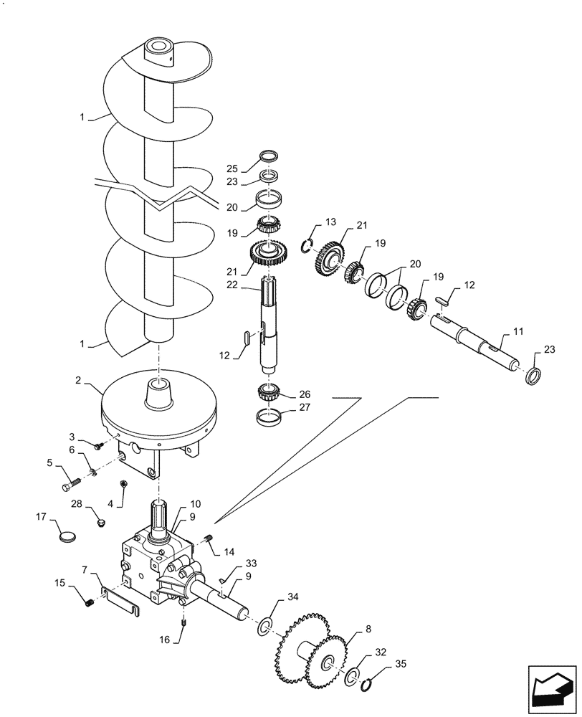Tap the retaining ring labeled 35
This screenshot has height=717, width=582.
(367, 688)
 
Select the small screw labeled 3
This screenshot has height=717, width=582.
(98, 447)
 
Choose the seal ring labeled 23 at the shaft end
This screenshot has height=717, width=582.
(533, 376)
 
